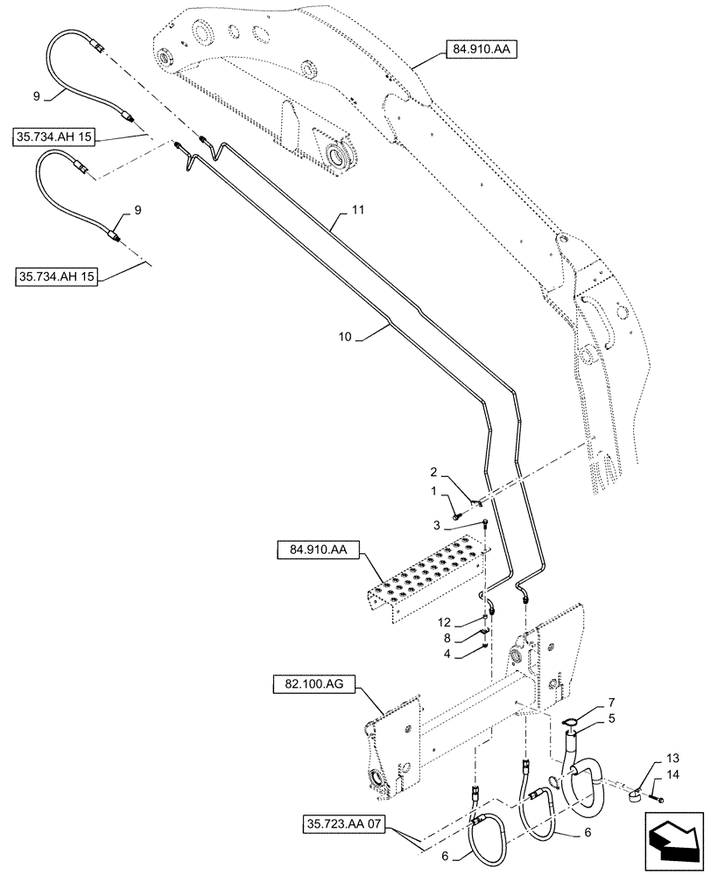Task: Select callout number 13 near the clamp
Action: point(671,757)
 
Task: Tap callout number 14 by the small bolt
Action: point(671,774)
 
